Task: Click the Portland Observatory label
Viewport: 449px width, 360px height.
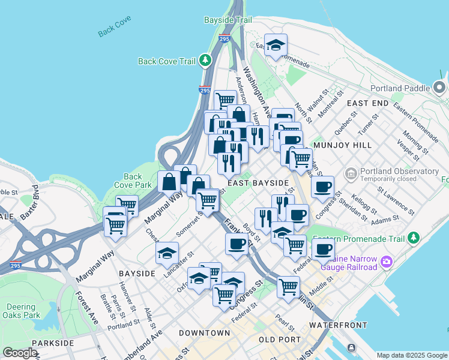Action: coord(399,171)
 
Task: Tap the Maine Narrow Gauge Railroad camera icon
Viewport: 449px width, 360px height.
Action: coord(386,261)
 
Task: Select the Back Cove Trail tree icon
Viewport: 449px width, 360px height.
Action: coord(206,61)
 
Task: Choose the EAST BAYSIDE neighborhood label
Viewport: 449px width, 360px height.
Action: coord(258,182)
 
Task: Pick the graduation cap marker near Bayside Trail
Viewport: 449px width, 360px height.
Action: coord(276,45)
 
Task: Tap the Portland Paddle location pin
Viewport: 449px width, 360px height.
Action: coord(440,89)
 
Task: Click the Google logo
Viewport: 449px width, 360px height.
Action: coord(20,353)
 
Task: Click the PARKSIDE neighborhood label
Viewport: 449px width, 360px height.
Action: coord(53,343)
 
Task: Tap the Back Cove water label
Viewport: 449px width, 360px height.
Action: coord(115,30)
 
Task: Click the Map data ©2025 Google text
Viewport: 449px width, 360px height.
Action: coord(411,355)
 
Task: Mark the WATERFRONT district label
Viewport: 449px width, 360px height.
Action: coord(338,325)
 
